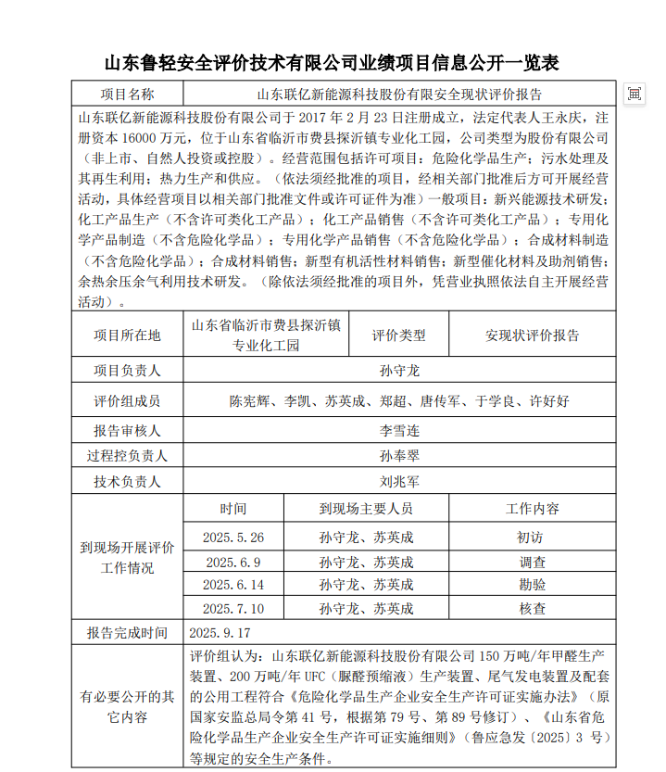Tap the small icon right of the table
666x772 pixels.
pos(635,94)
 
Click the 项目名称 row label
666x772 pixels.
pos(128,94)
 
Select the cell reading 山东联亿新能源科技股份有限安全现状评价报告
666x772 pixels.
pos(399,94)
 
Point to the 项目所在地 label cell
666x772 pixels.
pos(128,335)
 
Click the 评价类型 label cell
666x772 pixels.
pos(398,335)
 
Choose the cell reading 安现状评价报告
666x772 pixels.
pos(532,335)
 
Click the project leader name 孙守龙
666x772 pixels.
pos(399,371)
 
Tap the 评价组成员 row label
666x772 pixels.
pos(128,401)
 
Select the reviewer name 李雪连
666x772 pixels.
pos(399,431)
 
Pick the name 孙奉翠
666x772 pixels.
pos(399,456)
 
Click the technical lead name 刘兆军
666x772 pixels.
pos(399,482)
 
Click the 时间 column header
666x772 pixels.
pos(233,509)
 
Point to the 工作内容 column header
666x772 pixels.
pos(532,509)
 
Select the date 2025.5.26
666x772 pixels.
pos(233,538)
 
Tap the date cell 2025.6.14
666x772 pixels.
pos(233,585)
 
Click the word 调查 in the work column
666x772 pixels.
pos(532,562)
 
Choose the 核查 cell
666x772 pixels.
pos(532,609)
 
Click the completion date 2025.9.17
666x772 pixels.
pos(220,633)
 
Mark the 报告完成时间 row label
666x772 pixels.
pos(128,633)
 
